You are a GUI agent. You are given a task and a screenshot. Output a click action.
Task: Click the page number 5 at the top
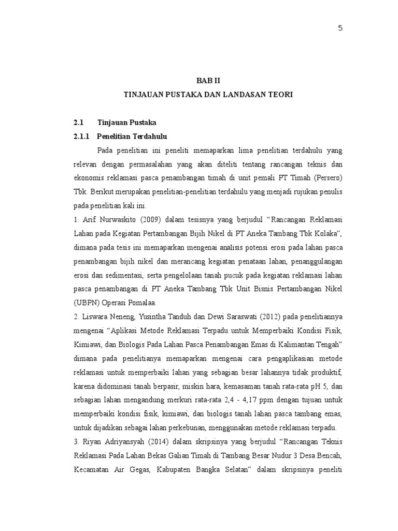(340, 29)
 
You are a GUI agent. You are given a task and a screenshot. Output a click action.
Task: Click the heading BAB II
(208, 80)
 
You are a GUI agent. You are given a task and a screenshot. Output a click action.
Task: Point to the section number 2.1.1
(82, 136)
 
